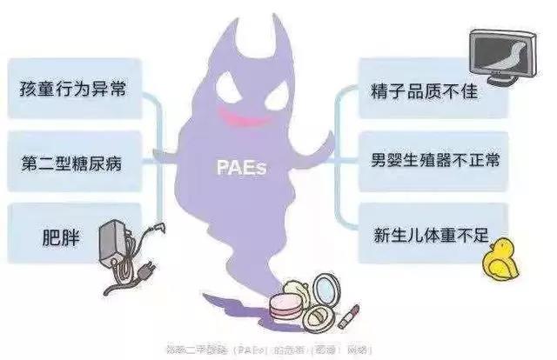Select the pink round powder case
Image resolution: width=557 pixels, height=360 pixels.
tap(286, 305)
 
